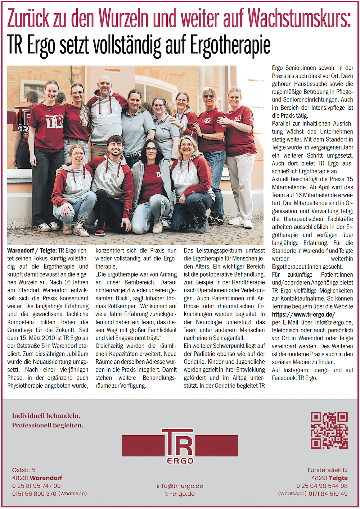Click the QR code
329,430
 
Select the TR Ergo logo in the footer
180,446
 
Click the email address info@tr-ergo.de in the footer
180,486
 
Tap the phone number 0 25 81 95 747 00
36,486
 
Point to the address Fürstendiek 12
327,470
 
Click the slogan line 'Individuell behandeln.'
46,416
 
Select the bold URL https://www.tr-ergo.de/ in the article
303,314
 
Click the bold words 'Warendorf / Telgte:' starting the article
32,250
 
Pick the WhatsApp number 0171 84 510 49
328,494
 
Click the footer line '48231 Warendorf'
37,478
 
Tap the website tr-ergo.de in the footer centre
180,494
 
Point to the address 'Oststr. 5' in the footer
24,470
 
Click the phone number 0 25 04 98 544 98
322,486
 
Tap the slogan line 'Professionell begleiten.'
48,425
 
